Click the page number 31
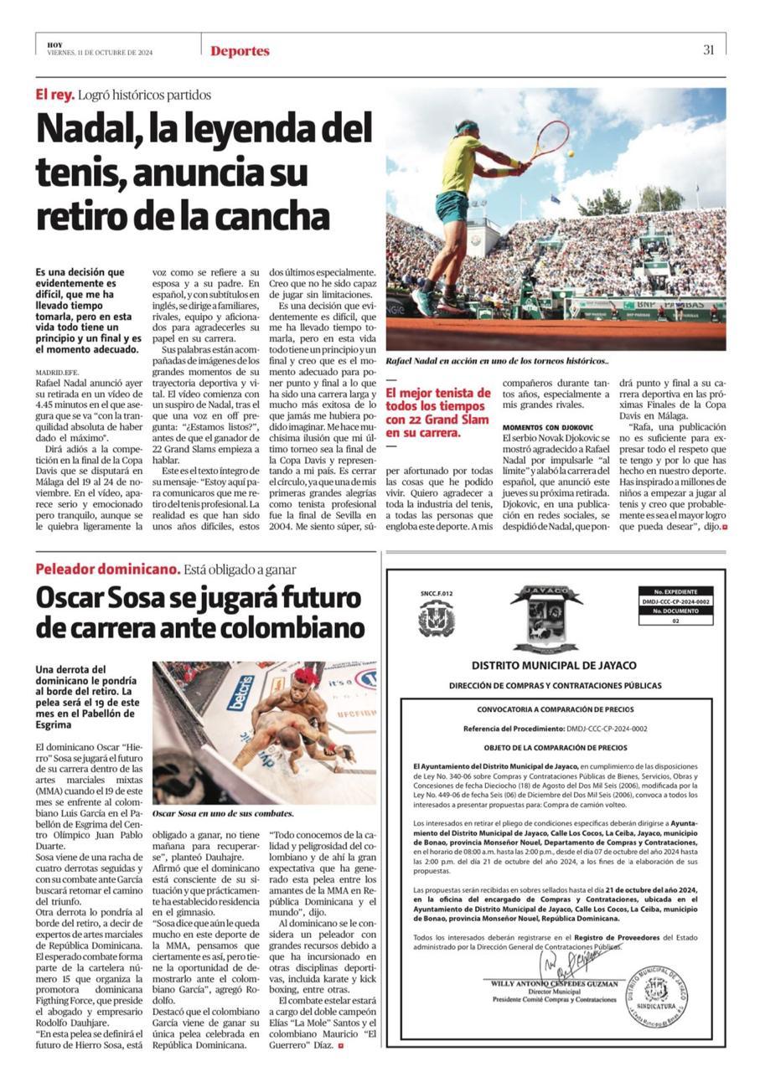pyautogui.click(x=708, y=50)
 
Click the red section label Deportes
pyautogui.click(x=240, y=51)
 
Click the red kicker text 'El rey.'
pyautogui.click(x=55, y=95)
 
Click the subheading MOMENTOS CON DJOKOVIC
pyautogui.click(x=547, y=427)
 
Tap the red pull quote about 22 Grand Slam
pyautogui.click(x=437, y=413)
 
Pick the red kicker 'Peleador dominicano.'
pyautogui.click(x=107, y=569)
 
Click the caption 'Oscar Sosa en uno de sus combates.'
pyautogui.click(x=223, y=813)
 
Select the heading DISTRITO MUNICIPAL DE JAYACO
pyautogui.click(x=554, y=666)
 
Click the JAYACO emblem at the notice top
pyautogui.click(x=546, y=619)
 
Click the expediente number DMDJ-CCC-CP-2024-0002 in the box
pyautogui.click(x=675, y=601)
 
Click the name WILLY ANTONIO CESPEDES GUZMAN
pyautogui.click(x=554, y=984)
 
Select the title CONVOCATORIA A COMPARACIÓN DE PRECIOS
pyautogui.click(x=555, y=709)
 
